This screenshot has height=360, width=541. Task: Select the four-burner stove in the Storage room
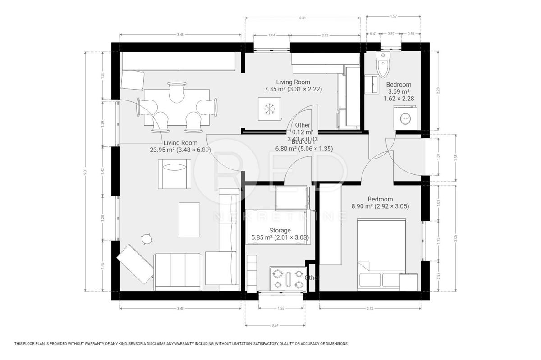(287, 278)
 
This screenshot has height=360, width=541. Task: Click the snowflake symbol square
(270, 109)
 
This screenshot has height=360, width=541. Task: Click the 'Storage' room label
(280, 230)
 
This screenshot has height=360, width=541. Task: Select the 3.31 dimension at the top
(302, 18)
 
